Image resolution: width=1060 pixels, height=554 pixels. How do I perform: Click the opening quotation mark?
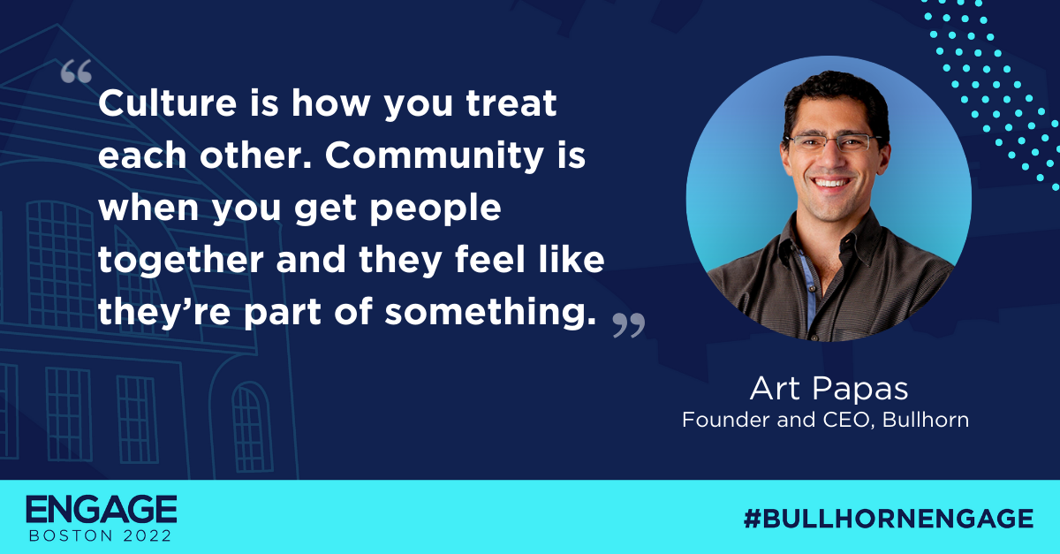76,72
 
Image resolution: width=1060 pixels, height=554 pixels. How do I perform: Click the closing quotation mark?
629,325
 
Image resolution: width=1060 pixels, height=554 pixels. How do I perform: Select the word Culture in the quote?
168,102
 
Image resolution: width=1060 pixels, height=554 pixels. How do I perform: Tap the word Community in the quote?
435,156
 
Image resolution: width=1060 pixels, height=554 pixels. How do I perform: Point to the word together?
181,260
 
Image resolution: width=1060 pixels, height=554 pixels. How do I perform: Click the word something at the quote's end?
489,313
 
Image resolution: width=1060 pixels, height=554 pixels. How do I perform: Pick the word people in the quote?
435,209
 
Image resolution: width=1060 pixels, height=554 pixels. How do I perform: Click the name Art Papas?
829,389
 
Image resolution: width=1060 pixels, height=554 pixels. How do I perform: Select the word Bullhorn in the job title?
926,420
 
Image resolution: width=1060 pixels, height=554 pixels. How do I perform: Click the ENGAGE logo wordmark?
102,510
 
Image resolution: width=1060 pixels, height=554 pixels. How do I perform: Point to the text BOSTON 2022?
101,535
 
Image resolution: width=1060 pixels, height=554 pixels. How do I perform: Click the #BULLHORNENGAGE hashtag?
889,518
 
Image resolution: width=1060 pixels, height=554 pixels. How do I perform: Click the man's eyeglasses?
833,142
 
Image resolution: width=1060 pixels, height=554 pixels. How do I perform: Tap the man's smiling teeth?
831,183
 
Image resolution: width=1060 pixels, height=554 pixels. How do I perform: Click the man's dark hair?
837,95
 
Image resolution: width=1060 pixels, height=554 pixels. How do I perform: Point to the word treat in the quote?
511,103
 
